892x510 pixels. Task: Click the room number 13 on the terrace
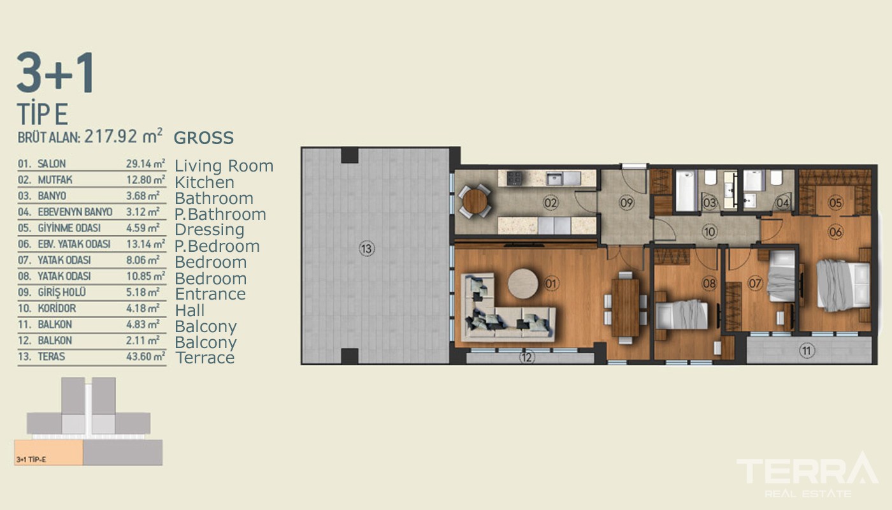pyautogui.click(x=366, y=249)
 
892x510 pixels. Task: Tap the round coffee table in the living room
pyautogui.click(x=523, y=284)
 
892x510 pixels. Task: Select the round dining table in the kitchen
pyautogui.click(x=475, y=201)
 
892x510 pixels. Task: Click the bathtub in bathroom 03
pyautogui.click(x=686, y=191)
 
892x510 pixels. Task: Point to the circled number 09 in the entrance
pyautogui.click(x=626, y=203)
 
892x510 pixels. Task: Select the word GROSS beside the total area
pyautogui.click(x=203, y=138)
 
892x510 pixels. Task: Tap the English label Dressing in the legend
pyautogui.click(x=210, y=230)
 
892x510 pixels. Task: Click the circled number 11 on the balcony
pyautogui.click(x=807, y=351)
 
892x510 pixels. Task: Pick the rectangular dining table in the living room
pyautogui.click(x=625, y=307)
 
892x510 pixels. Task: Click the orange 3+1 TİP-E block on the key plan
pyautogui.click(x=48, y=452)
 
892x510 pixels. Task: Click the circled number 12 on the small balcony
pyautogui.click(x=526, y=358)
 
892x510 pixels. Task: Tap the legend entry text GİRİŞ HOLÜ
pyautogui.click(x=62, y=292)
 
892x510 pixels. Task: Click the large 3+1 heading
pyautogui.click(x=56, y=73)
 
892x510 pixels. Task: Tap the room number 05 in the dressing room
pyautogui.click(x=835, y=203)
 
